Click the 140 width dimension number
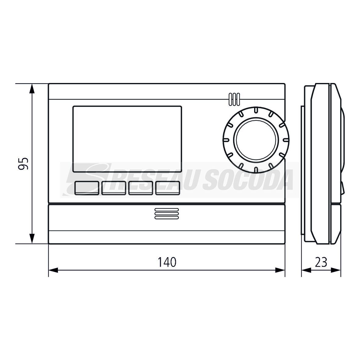(x=167, y=262)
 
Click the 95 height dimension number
(x=23, y=164)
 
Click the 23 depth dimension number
(x=321, y=262)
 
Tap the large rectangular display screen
(x=127, y=139)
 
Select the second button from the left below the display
(x=114, y=188)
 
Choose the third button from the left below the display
(x=141, y=188)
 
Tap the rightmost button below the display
(x=167, y=188)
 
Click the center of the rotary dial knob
(x=256, y=140)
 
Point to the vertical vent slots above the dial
(x=234, y=99)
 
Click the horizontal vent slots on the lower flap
(x=167, y=214)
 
